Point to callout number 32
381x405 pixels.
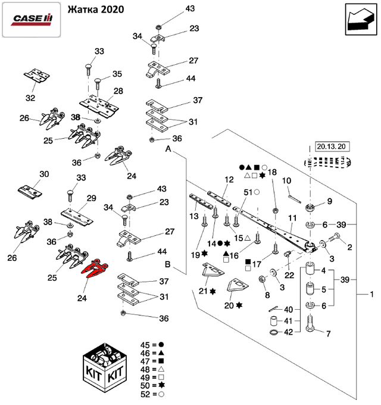click(30, 98)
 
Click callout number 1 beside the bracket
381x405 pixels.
click(372, 294)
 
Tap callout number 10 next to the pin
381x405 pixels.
click(286, 180)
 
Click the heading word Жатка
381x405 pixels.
click(82, 11)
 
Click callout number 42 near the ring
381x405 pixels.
click(288, 332)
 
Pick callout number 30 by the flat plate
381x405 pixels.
click(43, 174)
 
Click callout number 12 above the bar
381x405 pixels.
click(229, 179)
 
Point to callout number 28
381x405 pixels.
click(118, 91)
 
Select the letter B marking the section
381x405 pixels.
click(168, 264)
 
